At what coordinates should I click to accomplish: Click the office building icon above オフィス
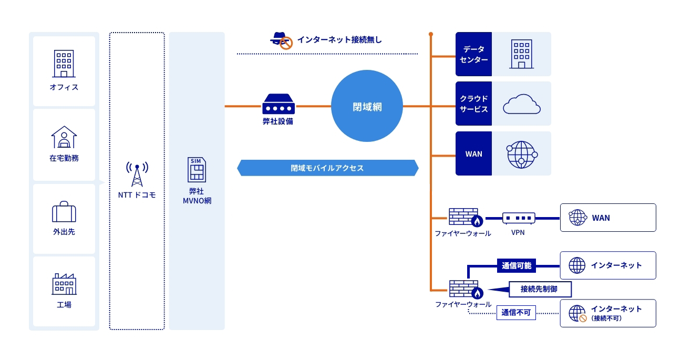(64, 64)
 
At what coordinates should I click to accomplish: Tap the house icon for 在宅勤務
(64, 137)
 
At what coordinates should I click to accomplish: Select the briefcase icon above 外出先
(64, 212)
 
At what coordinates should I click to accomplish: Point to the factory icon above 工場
(64, 284)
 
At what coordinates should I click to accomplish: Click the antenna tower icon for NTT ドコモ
(137, 174)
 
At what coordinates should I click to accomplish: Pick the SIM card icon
(197, 169)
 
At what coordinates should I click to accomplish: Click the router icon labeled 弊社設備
(278, 104)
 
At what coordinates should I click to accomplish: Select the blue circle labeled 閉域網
(367, 106)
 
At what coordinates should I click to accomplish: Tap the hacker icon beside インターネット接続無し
(281, 40)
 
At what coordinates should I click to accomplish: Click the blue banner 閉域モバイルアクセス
(327, 168)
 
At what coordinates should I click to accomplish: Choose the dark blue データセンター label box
(473, 54)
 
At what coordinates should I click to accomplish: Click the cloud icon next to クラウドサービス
(521, 104)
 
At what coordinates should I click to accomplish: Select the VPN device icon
(518, 218)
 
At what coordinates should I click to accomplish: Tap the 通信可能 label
(517, 265)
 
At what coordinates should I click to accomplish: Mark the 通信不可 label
(516, 313)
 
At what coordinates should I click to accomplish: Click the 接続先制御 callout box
(539, 289)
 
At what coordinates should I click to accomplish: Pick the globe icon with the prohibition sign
(577, 313)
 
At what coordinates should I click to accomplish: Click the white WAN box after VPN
(607, 218)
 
